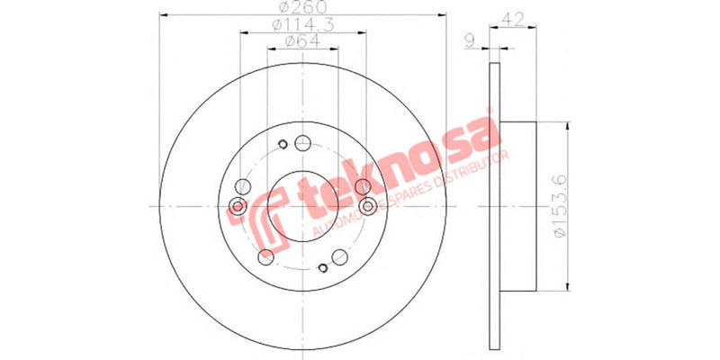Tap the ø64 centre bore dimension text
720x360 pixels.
point(302,40)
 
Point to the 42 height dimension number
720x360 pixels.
point(514,16)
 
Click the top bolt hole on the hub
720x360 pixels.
point(302,142)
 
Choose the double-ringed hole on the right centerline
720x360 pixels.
point(366,207)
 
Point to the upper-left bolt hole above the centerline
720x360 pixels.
point(241,187)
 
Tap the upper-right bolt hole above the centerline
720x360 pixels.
point(362,186)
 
